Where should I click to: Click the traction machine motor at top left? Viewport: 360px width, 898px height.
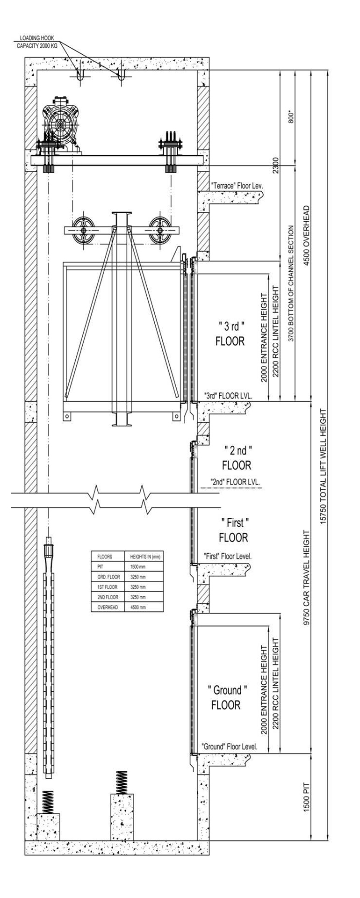point(61,124)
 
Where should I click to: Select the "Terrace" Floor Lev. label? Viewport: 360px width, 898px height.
point(237,186)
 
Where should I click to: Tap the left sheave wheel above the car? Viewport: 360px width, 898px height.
point(84,231)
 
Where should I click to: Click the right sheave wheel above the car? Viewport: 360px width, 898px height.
point(161,231)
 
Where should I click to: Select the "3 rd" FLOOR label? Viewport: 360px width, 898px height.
point(230,333)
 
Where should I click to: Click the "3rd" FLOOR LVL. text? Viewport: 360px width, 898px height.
point(228,396)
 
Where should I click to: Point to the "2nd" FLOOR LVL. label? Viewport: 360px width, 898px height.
point(236,482)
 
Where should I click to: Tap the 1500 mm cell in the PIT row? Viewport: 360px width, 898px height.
point(138,566)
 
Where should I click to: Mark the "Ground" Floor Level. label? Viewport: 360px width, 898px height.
point(229,746)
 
